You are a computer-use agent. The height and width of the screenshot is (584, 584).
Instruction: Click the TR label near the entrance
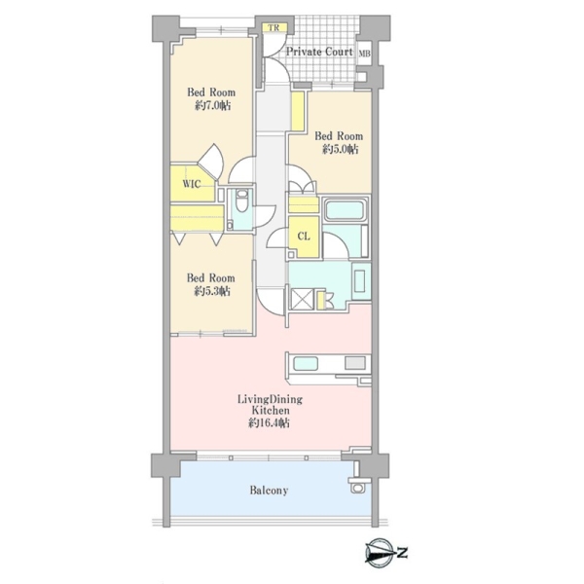274,28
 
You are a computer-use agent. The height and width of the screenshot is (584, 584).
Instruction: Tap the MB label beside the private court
364,54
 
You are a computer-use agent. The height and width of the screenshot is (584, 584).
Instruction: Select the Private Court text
319,52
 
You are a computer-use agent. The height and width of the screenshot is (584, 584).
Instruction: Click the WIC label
192,184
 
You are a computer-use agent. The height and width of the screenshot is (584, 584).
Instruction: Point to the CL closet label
304,237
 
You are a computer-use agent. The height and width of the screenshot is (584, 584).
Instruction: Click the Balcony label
269,491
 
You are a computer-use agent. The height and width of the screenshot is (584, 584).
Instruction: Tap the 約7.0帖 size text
212,106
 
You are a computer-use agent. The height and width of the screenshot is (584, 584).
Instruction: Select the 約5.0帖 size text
340,149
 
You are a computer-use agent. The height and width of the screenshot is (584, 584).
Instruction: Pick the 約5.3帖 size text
211,291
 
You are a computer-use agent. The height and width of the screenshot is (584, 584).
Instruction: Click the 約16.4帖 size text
269,423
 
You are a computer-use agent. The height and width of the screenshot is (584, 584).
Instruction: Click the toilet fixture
241,201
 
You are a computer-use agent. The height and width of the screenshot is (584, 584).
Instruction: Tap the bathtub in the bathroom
344,209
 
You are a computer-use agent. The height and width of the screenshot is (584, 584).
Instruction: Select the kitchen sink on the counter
306,363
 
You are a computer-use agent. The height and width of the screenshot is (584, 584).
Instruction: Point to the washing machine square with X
301,299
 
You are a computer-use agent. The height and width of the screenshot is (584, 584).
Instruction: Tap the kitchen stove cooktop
355,363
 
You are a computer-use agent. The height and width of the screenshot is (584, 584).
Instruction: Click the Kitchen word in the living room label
271,411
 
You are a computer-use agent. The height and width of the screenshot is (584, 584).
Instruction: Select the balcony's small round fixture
358,488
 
